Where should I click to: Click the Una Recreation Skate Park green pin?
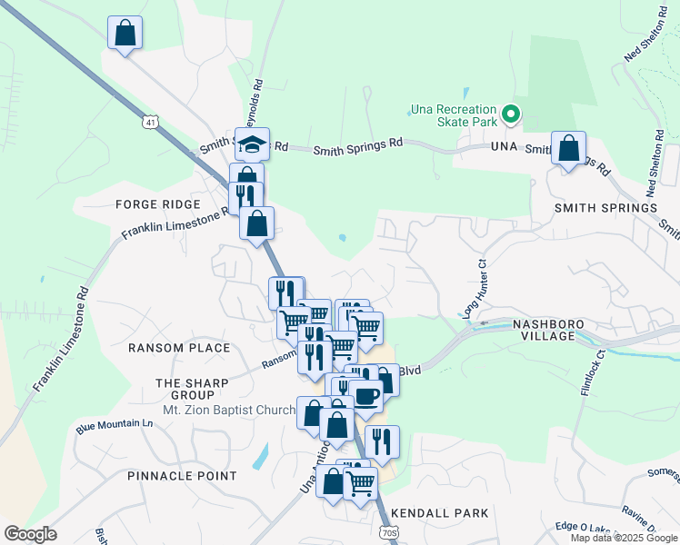point(511,114)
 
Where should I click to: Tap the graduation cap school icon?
point(252,144)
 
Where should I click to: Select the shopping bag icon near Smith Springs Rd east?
point(568,148)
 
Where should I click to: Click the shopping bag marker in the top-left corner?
point(125,33)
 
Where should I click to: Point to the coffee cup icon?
point(366,395)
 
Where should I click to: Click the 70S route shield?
point(388,532)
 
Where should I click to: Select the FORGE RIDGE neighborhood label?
point(150,204)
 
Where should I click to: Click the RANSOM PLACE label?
point(179,348)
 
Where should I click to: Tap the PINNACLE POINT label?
point(182,476)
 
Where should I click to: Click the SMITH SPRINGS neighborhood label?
point(605,208)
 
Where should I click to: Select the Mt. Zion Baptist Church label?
point(229,411)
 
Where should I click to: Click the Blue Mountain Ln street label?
point(115,424)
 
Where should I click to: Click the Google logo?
point(30,534)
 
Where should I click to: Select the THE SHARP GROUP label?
point(185,389)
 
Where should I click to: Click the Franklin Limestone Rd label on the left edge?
point(61,340)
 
